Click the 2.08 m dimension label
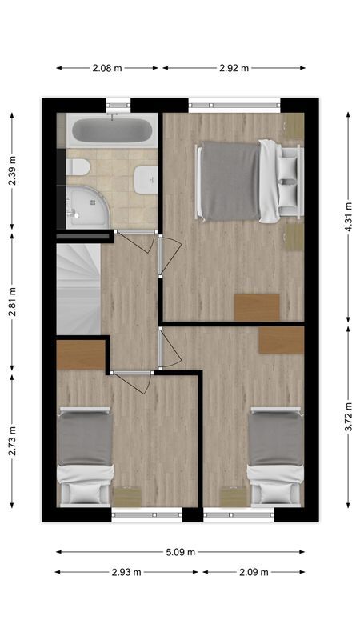pos(107,68)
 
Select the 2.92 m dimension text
pos(234,68)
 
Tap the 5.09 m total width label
pos(180,552)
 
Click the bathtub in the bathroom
pos(111,130)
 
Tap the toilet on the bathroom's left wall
pos(77,167)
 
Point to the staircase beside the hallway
pos(78,288)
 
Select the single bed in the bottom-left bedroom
pos(84,456)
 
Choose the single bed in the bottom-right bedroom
pos(276,456)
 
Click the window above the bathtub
pos(118,103)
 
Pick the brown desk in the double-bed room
pos(257,307)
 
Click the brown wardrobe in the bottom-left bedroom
pos(81,354)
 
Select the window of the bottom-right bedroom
pos(238,515)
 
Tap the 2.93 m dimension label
pos(126,572)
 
